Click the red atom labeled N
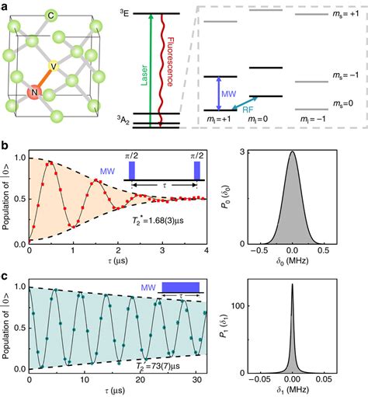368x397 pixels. tap(33, 93)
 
